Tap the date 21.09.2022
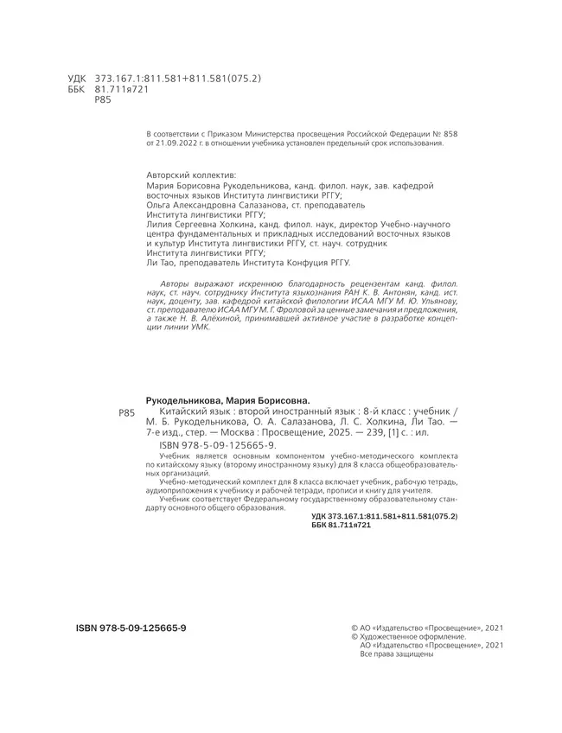(x=176, y=143)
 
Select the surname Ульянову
(x=437, y=305)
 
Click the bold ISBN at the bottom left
(x=125, y=626)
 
